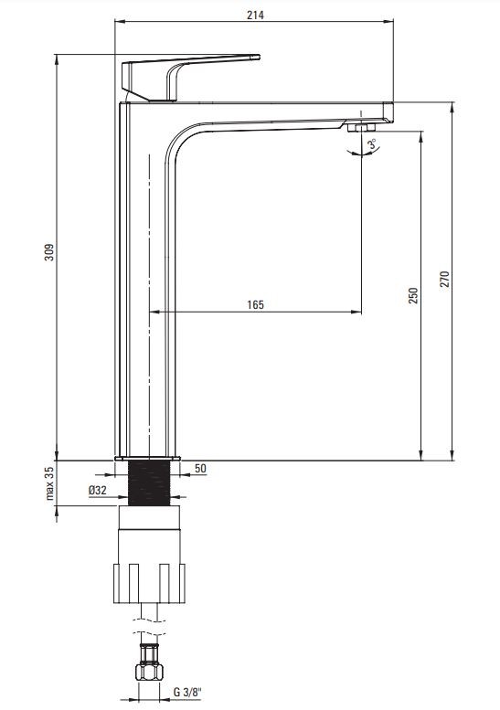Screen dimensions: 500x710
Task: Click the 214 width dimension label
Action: tap(255, 15)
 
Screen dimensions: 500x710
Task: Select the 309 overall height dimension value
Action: tap(49, 252)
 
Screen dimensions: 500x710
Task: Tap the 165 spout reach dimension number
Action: tap(255, 304)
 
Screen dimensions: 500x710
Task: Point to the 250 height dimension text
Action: tap(413, 295)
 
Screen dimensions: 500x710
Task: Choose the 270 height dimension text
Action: tap(445, 279)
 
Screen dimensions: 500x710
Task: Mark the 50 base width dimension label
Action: tap(200, 468)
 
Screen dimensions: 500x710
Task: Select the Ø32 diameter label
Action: tap(98, 490)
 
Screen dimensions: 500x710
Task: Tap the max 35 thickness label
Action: tap(49, 483)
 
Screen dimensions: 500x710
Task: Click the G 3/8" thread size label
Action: tap(187, 693)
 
